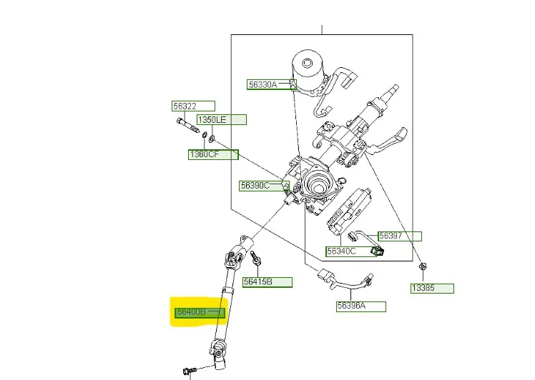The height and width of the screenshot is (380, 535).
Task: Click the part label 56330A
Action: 262,84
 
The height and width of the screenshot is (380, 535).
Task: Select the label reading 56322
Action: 185,106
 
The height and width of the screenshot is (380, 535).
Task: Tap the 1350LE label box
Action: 211,119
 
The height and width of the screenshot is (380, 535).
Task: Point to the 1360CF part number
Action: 204,154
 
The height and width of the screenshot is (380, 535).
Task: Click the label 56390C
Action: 255,186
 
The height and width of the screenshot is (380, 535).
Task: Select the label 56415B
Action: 257,281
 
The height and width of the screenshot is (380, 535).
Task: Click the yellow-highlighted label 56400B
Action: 192,312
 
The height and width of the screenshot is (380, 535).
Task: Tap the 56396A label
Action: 351,306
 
